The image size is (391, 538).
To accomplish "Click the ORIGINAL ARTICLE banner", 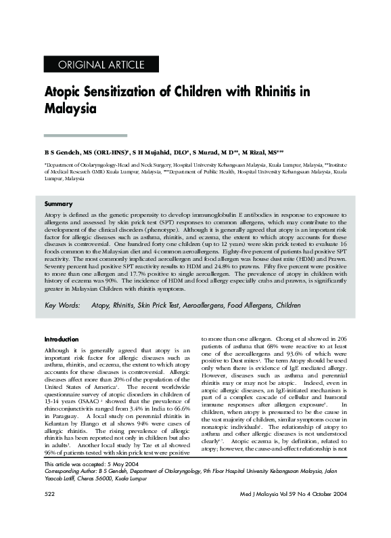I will (102, 66).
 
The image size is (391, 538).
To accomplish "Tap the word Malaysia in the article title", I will (70, 108).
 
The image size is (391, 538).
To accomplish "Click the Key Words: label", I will (64, 306).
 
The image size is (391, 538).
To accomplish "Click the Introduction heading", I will (62, 339).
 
